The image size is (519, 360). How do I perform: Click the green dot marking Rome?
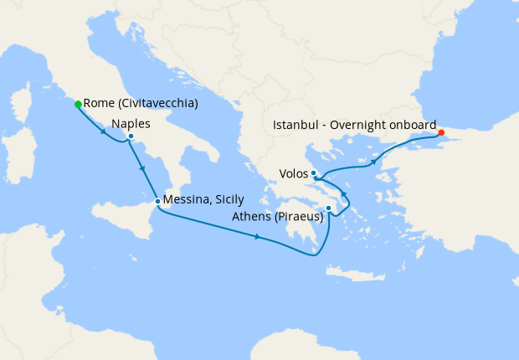[78, 105]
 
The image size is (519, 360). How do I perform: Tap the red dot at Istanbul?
[441, 132]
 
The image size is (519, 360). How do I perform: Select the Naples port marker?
[131, 136]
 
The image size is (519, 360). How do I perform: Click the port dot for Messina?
[157, 201]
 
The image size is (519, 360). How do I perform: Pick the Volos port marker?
[313, 173]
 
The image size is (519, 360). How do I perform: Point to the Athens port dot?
[329, 208]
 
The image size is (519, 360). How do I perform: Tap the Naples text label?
[131, 123]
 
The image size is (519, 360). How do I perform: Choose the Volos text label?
[294, 175]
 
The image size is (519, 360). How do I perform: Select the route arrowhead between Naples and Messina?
[143, 169]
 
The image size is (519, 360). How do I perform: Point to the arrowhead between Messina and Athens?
[258, 238]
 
